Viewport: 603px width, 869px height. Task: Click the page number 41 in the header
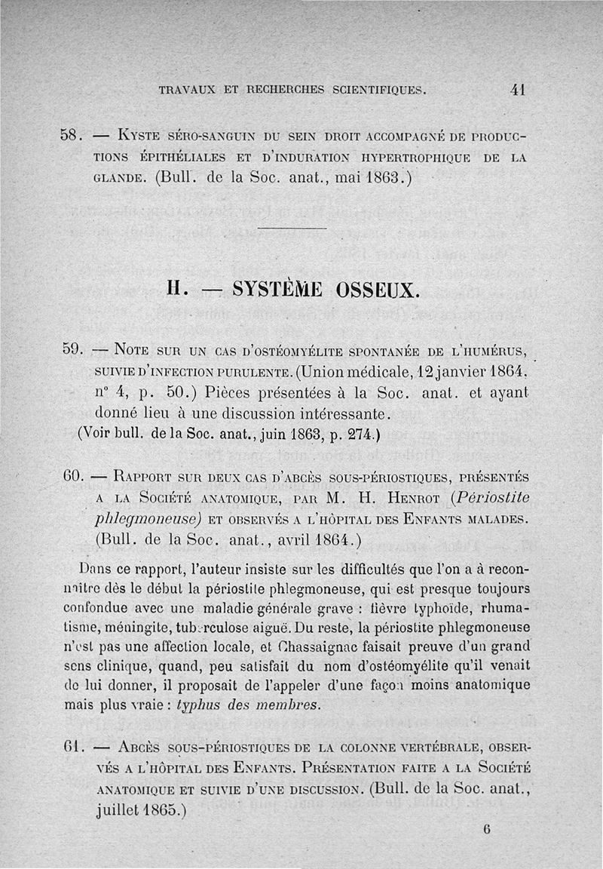(517, 89)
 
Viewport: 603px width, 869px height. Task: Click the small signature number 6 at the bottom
(488, 828)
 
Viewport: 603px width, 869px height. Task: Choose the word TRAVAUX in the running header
(186, 90)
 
